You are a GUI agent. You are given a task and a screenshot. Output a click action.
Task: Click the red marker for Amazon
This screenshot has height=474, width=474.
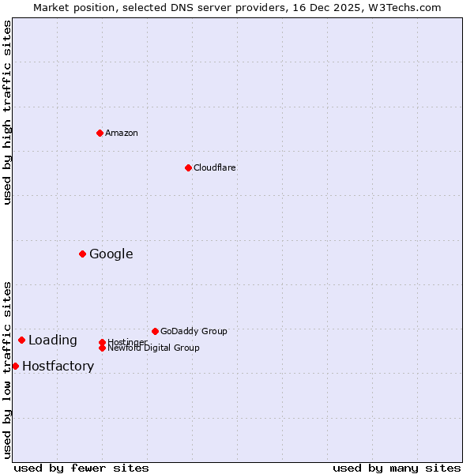[x=100, y=133]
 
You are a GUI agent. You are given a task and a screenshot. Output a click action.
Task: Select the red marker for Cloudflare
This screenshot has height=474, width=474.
[x=188, y=167]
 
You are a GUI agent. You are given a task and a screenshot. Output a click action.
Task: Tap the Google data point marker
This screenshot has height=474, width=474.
[x=82, y=254]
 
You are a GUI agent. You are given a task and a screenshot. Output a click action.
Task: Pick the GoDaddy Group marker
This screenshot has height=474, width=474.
[x=155, y=331]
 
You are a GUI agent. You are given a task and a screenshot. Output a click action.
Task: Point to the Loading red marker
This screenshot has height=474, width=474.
[x=21, y=340]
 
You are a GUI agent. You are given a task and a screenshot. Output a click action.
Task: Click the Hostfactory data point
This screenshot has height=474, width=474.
[x=15, y=366]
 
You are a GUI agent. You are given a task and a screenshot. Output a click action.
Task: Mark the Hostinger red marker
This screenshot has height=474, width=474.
[x=102, y=342]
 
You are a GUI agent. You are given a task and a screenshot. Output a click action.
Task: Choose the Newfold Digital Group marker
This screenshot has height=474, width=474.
[x=102, y=348]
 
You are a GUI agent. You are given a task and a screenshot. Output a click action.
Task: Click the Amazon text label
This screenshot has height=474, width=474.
[x=122, y=133]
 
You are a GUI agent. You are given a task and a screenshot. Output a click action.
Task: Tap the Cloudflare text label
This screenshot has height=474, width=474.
[x=215, y=167]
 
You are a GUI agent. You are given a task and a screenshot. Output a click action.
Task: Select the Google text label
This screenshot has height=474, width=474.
[x=111, y=254]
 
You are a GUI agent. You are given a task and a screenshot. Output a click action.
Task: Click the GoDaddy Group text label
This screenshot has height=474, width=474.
[x=194, y=331]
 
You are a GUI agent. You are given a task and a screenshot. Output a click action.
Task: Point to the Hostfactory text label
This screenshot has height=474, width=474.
[x=58, y=366]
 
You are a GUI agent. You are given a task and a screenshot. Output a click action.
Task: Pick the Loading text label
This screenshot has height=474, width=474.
[x=53, y=340]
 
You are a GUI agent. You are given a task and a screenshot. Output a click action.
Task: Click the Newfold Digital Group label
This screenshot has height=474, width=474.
[x=154, y=348]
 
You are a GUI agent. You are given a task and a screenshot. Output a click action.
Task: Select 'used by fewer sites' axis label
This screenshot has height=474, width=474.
[x=81, y=468]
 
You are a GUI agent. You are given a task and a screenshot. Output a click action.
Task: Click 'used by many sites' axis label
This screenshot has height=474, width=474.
[x=397, y=468]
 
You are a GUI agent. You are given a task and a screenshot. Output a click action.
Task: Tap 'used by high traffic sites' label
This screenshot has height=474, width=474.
[x=7, y=112]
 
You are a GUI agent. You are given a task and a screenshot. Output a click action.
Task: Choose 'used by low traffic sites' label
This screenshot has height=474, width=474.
[x=7, y=370]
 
